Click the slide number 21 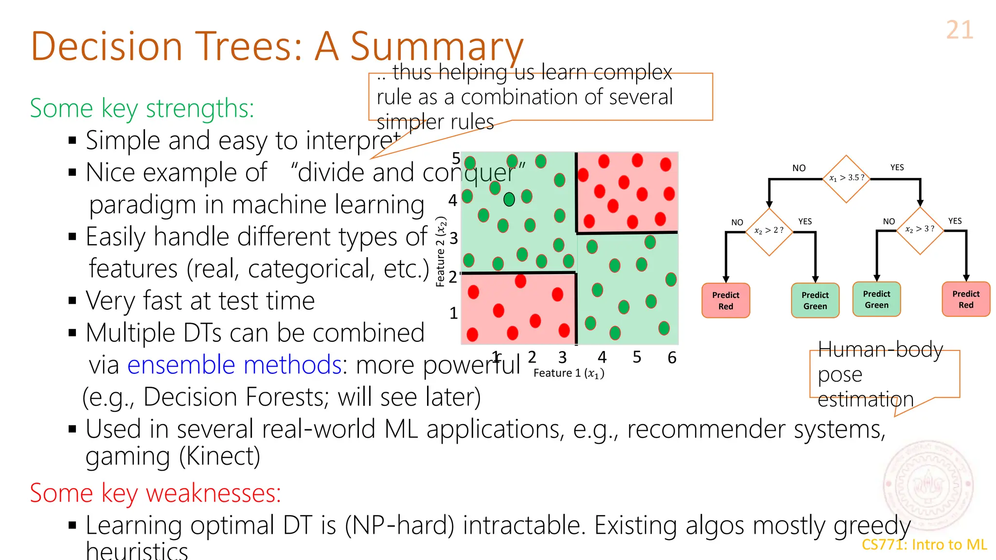(x=960, y=30)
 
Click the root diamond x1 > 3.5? (x=846, y=178)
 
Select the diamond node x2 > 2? (x=769, y=231)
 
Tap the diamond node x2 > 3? (x=920, y=229)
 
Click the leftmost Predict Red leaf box (x=726, y=300)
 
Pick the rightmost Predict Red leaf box (x=965, y=299)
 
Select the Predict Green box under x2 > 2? (x=815, y=300)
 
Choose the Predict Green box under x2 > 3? (x=876, y=299)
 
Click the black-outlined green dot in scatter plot (x=509, y=199)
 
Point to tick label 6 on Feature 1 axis (x=672, y=358)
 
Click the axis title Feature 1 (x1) (x=569, y=373)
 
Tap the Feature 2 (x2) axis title (x=441, y=252)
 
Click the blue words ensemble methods (x=234, y=365)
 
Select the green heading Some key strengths (x=142, y=108)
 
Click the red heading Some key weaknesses (x=155, y=493)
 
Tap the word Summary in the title (x=436, y=47)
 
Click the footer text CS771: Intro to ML (x=924, y=544)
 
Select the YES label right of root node (x=897, y=168)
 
